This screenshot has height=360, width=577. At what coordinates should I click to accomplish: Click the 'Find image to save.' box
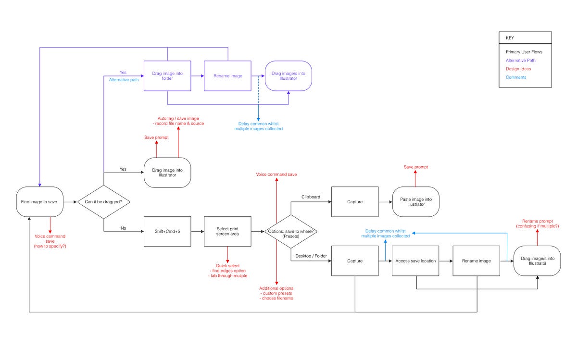39,202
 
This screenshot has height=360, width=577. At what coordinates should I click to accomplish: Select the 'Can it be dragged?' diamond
103,202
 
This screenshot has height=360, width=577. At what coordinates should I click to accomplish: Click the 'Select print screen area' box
227,231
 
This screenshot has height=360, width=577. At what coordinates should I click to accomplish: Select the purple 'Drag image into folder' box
167,75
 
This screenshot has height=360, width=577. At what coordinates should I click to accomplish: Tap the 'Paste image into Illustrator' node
415,202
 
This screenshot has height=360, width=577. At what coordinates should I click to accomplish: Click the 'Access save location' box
415,261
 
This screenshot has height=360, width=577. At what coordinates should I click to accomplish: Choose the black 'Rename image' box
476,261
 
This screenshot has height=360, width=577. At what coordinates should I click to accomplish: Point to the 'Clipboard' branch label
311,197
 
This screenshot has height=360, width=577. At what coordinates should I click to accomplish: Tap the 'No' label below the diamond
123,228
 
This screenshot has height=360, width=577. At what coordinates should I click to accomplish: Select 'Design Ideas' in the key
518,69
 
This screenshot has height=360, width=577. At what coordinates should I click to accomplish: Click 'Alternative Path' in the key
520,61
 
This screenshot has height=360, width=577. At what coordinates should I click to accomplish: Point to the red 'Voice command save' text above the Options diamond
276,174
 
